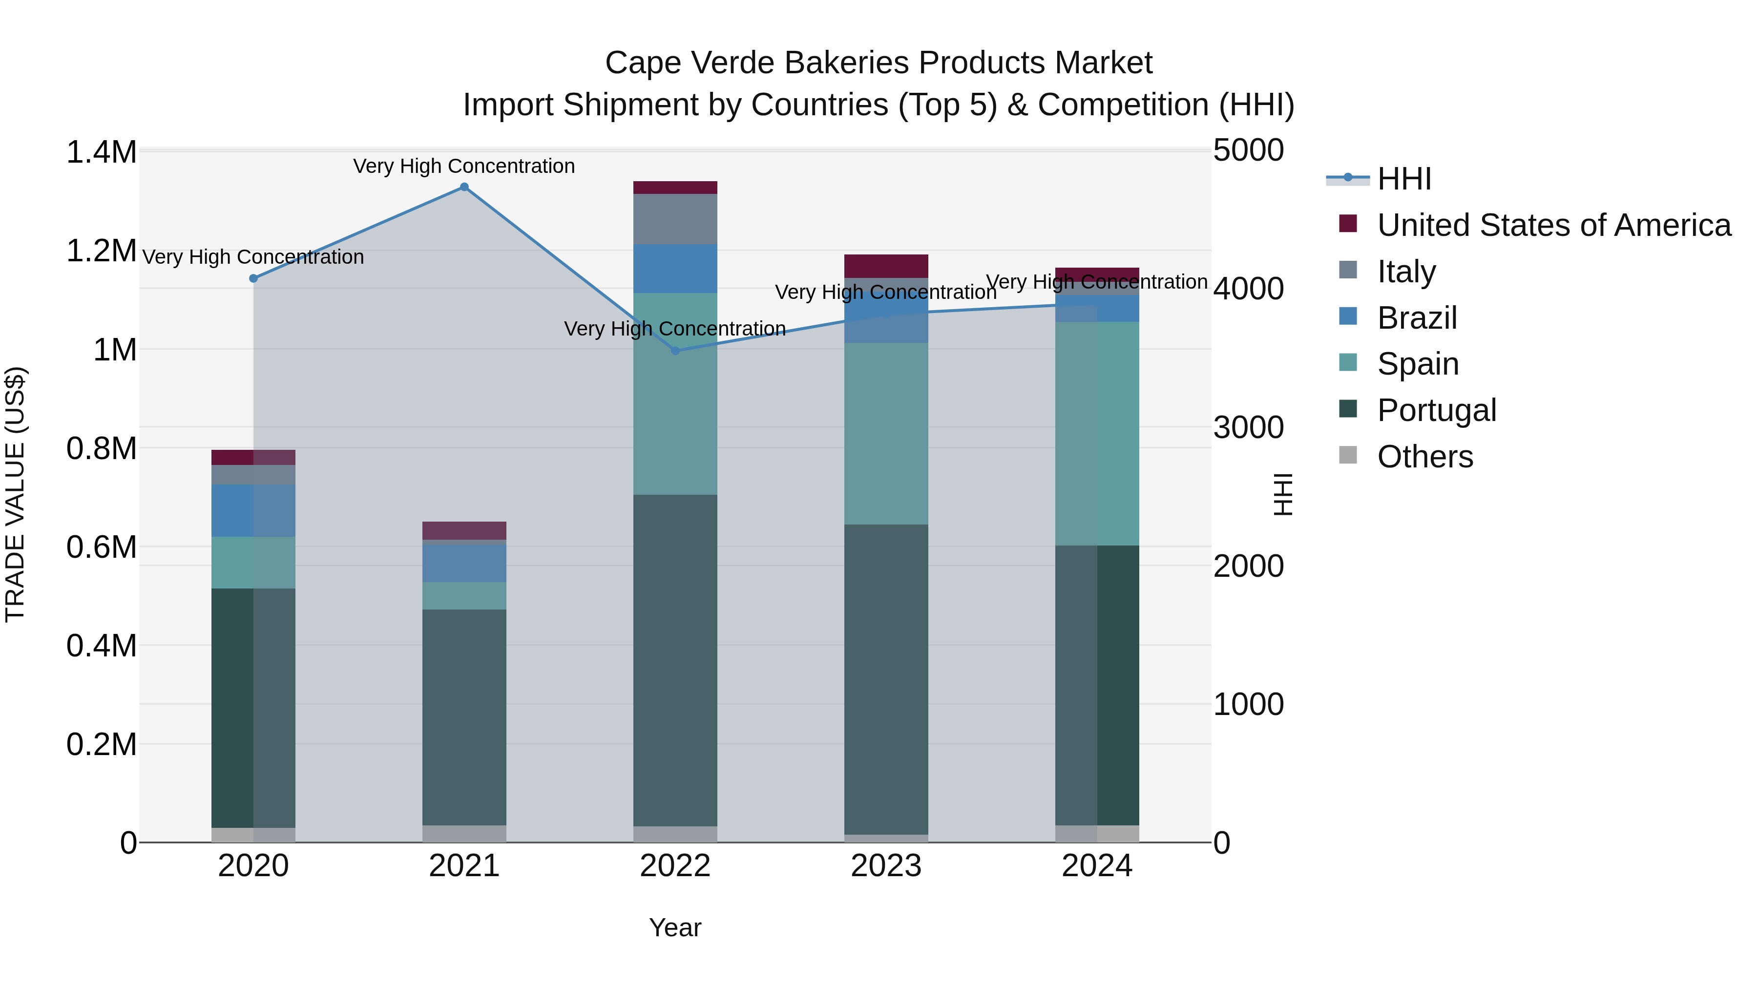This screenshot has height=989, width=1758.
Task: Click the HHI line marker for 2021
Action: pyautogui.click(x=464, y=187)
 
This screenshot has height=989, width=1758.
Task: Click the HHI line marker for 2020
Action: pyautogui.click(x=253, y=278)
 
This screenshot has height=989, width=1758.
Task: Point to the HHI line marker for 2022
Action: pyautogui.click(x=675, y=351)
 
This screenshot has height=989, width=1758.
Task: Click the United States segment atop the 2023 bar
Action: pyautogui.click(x=886, y=266)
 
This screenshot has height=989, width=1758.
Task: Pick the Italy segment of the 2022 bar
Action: pyautogui.click(x=675, y=219)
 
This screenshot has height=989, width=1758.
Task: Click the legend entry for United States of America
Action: pyautogui.click(x=1553, y=225)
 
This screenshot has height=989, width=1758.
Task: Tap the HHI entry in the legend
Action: pyautogui.click(x=1404, y=179)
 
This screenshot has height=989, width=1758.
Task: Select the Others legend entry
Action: pyautogui.click(x=1424, y=457)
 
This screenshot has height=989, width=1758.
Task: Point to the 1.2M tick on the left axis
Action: pyautogui.click(x=101, y=251)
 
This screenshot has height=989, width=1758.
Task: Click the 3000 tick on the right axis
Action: pyautogui.click(x=1248, y=428)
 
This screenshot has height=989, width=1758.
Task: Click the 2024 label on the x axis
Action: pyautogui.click(x=1097, y=866)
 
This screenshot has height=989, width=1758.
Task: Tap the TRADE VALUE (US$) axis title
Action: pyautogui.click(x=15, y=494)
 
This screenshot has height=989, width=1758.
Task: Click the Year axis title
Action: pyautogui.click(x=675, y=927)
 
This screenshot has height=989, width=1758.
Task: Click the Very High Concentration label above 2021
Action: pyautogui.click(x=464, y=166)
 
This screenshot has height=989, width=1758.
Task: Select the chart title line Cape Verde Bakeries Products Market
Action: pyautogui.click(x=879, y=63)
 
